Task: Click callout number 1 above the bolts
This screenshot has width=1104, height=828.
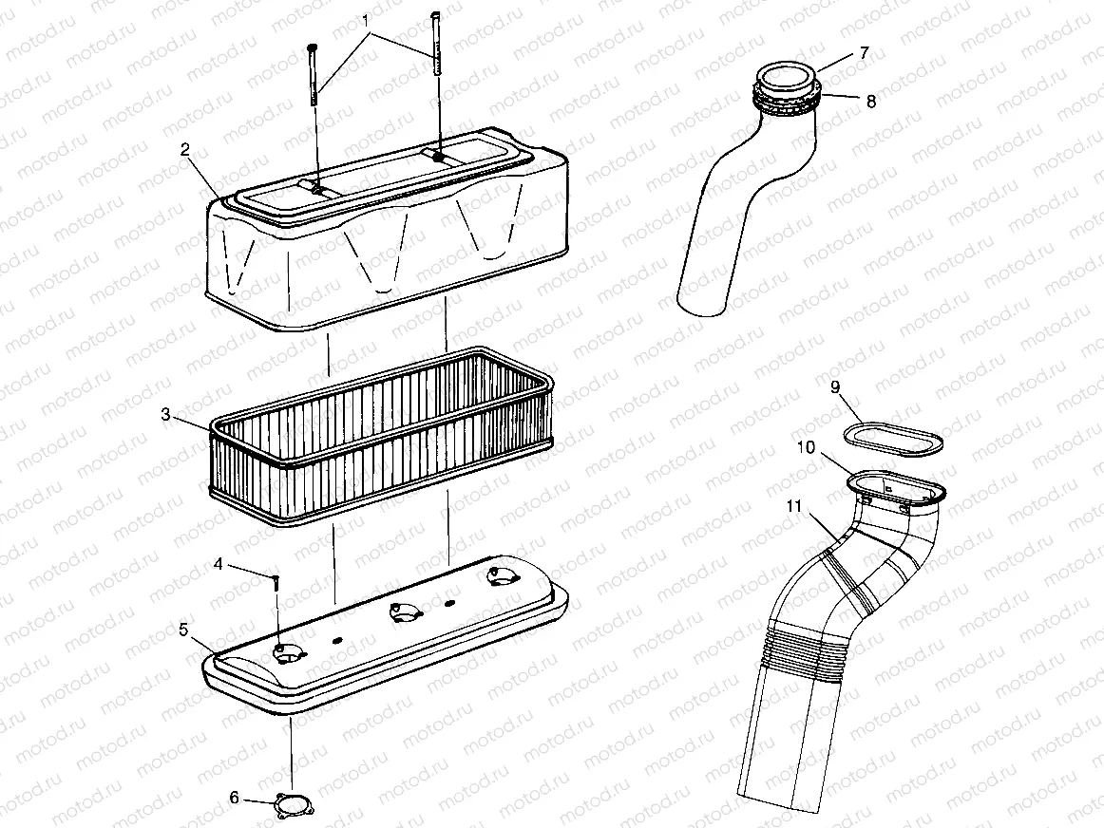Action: point(367,19)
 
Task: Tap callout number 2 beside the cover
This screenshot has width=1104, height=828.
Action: point(185,150)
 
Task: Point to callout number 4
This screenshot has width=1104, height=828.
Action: point(218,564)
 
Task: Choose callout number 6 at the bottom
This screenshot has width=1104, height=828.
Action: point(234,798)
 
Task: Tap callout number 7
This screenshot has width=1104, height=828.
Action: point(863,53)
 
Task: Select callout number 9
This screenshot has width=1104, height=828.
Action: point(834,386)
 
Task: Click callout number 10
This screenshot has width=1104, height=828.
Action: point(805,447)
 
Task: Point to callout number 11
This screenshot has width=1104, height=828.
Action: point(794,506)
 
